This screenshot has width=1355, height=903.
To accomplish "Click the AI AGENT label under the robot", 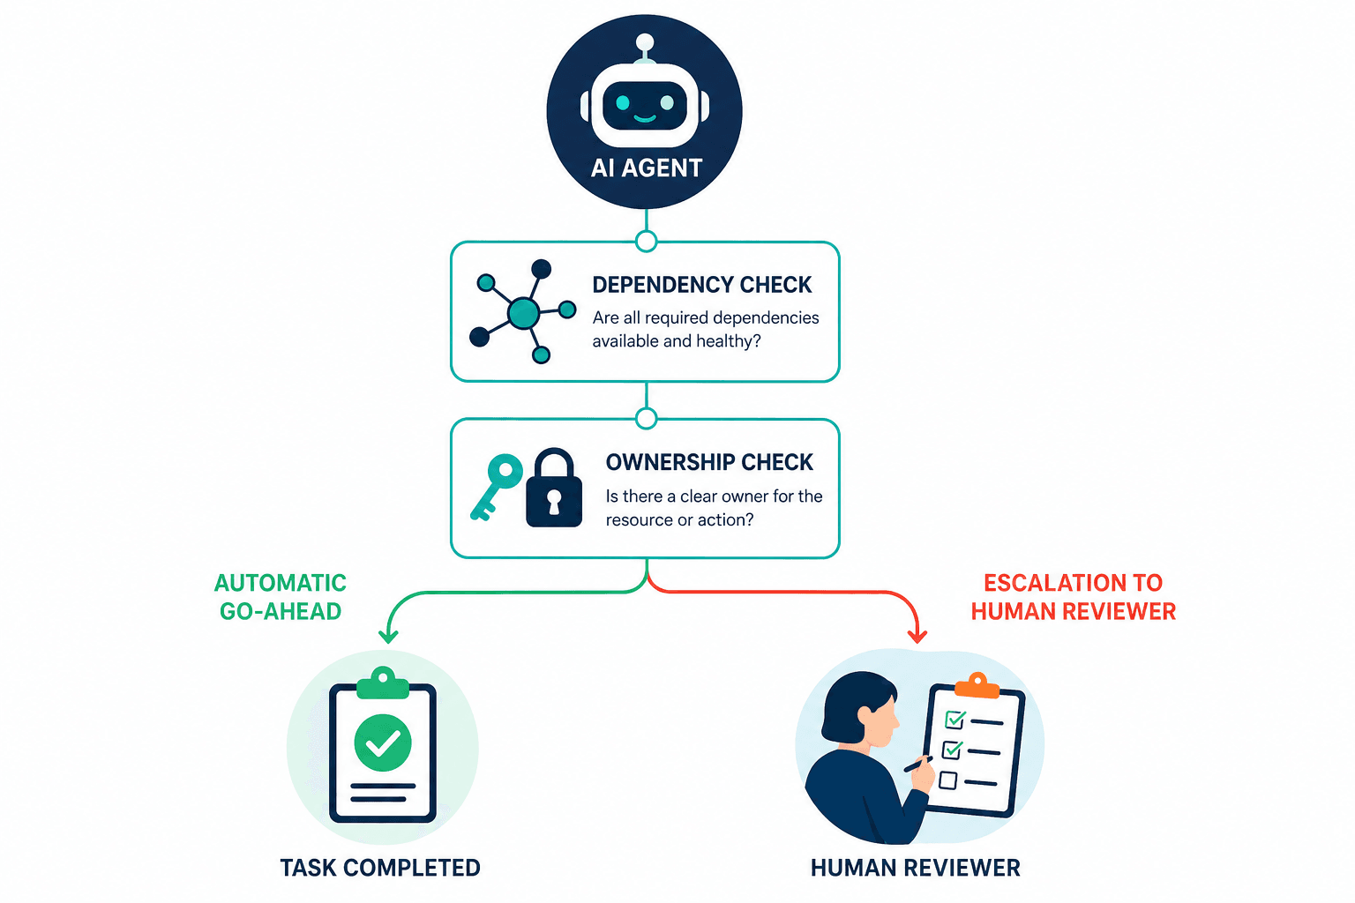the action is [646, 168].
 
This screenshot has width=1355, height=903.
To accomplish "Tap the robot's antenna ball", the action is [645, 42].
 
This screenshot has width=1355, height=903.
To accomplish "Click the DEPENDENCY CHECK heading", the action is [701, 285].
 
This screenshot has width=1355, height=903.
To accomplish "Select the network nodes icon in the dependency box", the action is [522, 311].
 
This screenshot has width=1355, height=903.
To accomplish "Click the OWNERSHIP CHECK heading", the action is [709, 462].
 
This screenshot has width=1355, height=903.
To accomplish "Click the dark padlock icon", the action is [554, 488].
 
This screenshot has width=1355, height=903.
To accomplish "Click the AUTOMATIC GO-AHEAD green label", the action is [280, 597].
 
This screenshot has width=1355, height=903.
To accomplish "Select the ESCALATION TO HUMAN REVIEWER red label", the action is [1073, 597].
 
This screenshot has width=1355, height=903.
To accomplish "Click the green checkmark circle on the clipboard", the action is [383, 743].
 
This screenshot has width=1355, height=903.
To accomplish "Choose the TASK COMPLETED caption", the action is [380, 868].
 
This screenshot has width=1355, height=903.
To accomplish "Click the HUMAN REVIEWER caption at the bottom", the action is [915, 868].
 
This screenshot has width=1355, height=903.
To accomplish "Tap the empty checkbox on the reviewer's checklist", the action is [948, 780].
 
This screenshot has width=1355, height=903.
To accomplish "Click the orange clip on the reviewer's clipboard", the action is [977, 685].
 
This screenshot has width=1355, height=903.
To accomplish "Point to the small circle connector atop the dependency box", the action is [646, 242].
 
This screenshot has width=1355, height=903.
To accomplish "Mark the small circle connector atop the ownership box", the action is [646, 419].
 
